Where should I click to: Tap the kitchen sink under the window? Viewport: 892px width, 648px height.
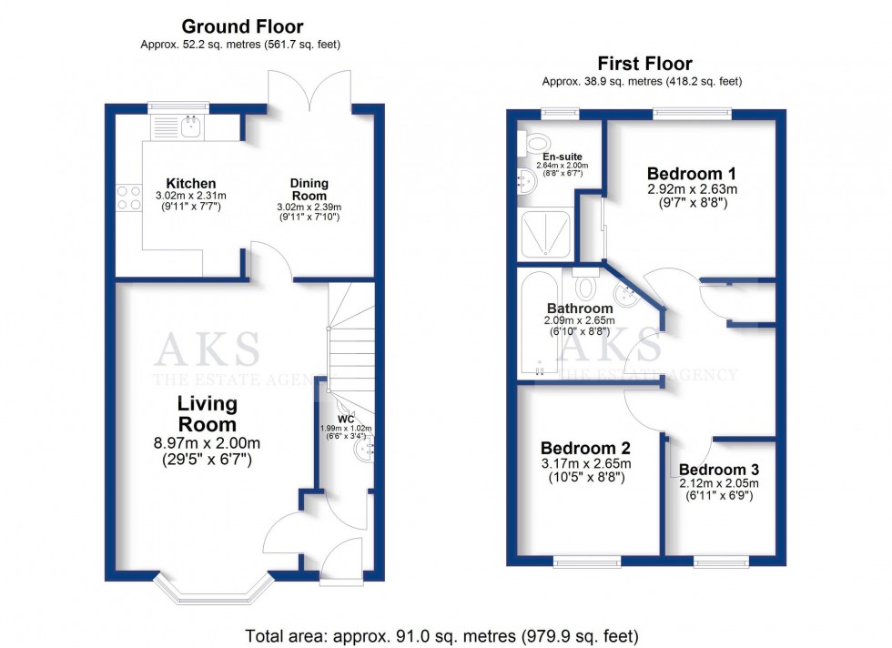pyautogui.click(x=190, y=127)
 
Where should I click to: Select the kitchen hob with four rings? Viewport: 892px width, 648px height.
pyautogui.click(x=127, y=197)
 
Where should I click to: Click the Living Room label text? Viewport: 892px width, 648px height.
pyautogui.click(x=208, y=414)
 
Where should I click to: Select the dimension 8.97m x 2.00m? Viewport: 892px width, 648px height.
pyautogui.click(x=208, y=444)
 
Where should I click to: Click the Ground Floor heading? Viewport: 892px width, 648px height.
pyautogui.click(x=241, y=26)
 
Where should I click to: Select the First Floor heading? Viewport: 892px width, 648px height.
pyautogui.click(x=644, y=64)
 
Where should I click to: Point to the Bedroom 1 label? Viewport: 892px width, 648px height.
pyautogui.click(x=692, y=173)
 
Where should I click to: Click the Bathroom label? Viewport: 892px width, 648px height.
pyautogui.click(x=579, y=308)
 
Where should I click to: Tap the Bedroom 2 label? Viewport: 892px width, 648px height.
pyautogui.click(x=585, y=449)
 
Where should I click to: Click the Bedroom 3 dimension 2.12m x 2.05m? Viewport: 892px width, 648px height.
pyautogui.click(x=719, y=483)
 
